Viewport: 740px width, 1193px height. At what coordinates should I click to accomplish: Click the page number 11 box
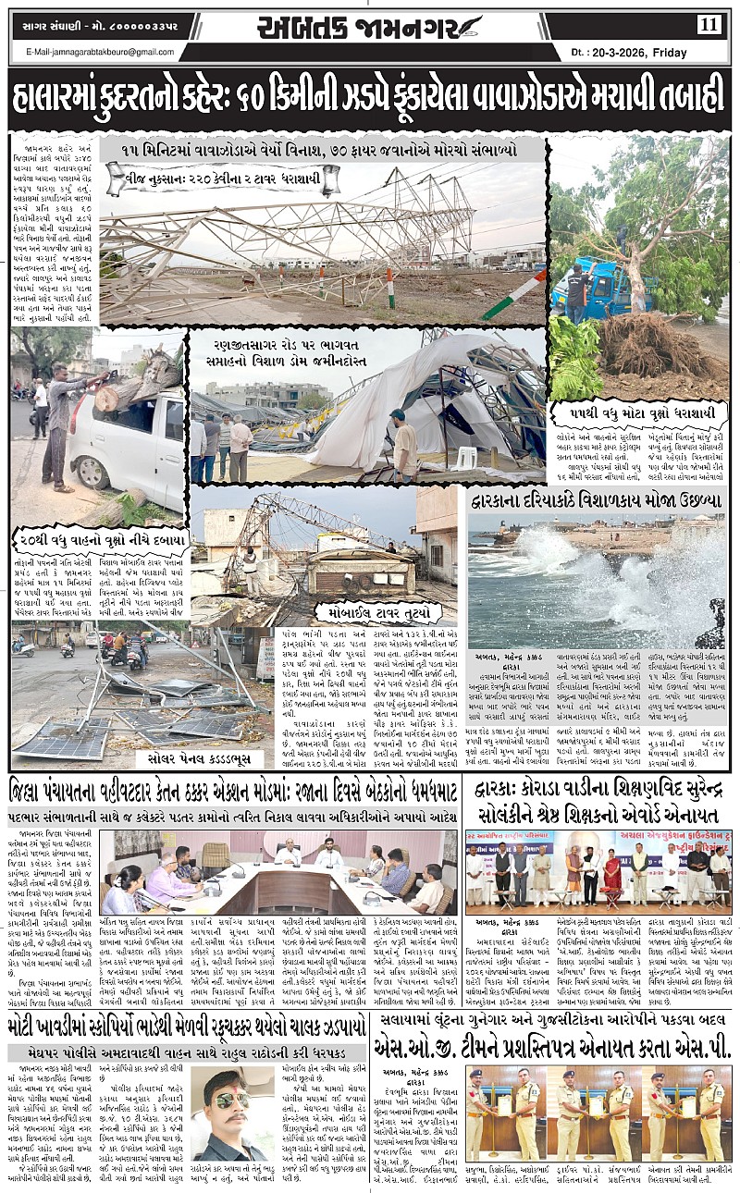[709, 24]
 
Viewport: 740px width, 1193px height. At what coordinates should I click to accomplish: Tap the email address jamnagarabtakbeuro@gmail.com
[100, 52]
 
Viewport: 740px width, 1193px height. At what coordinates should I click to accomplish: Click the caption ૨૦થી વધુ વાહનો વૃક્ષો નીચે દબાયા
[102, 538]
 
